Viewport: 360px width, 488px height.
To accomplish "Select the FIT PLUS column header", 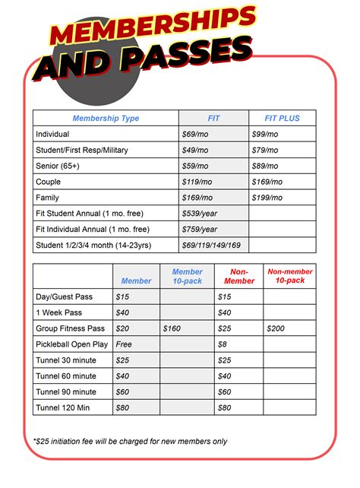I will [x=282, y=118].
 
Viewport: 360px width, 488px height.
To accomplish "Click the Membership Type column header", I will [x=106, y=118].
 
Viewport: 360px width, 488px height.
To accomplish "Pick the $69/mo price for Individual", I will [x=195, y=134].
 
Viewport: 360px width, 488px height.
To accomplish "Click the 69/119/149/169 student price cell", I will [x=211, y=246].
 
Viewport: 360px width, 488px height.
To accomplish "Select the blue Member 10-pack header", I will [x=187, y=276].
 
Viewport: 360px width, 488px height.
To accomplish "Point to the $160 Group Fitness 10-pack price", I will [x=173, y=328].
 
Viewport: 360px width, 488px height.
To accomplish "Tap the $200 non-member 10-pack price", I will [x=276, y=328].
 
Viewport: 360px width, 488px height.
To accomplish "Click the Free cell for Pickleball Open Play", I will [x=124, y=344].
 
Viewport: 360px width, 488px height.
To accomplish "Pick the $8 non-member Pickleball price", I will [x=223, y=344].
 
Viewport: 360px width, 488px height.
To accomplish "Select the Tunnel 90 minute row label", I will [x=66, y=391].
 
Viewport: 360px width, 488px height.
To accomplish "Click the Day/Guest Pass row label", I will [x=63, y=296].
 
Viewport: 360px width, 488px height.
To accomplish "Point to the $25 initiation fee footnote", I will [x=130, y=441].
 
